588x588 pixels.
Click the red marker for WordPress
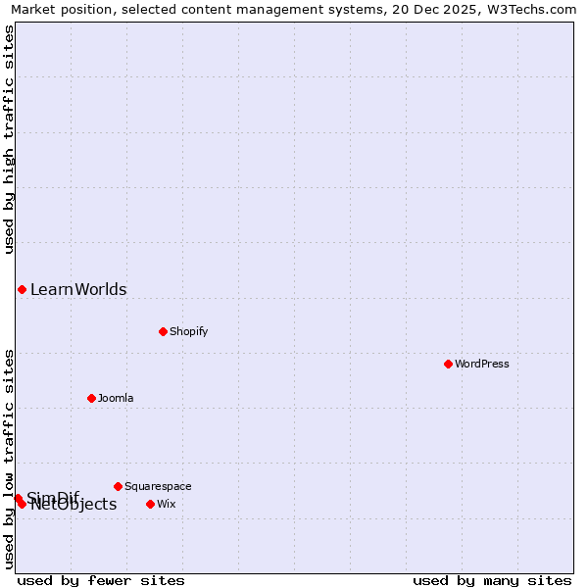point(448,364)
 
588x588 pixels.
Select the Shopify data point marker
point(163,331)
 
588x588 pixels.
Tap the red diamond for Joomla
point(91,398)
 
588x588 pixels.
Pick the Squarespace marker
point(118,486)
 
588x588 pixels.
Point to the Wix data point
point(150,504)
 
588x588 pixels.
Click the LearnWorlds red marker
point(22,289)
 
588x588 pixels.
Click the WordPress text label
point(482,364)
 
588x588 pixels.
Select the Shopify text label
point(189,331)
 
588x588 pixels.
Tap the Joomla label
point(116,398)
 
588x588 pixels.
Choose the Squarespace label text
point(158,486)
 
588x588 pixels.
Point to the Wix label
point(167,504)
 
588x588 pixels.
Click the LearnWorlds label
point(78,289)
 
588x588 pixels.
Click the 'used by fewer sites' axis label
point(101,580)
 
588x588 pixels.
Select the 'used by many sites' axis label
point(492,580)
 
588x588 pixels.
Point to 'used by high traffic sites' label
point(10,139)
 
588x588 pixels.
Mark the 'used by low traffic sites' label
point(10,459)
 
